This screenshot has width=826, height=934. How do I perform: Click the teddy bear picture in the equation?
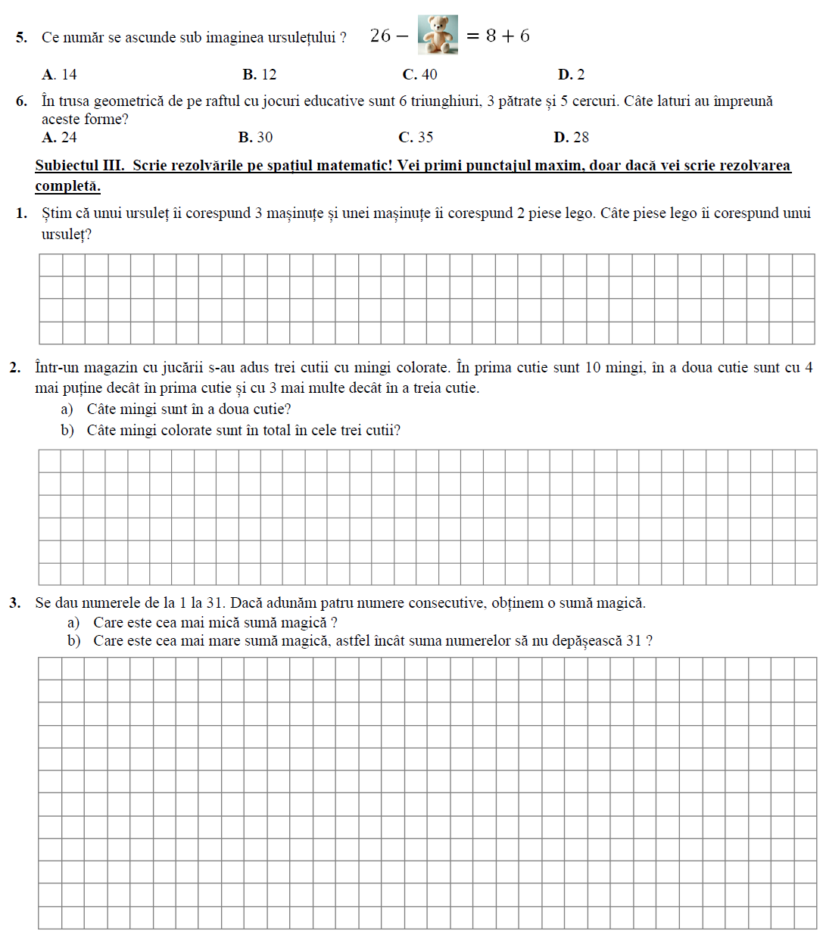(x=438, y=35)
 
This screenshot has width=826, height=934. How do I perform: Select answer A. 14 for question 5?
(x=60, y=74)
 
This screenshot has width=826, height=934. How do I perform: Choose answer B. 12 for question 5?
(x=260, y=74)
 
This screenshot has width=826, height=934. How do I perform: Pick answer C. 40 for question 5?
(x=420, y=74)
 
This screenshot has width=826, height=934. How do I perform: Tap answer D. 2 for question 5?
(x=572, y=74)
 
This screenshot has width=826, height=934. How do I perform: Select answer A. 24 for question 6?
(x=60, y=137)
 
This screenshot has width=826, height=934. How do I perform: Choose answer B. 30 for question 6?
(x=256, y=137)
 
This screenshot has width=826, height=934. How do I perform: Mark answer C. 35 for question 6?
(x=416, y=137)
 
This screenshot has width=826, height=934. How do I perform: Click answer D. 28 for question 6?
(x=572, y=137)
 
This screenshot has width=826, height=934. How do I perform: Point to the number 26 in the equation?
(x=381, y=36)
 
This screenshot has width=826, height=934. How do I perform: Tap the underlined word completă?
(x=67, y=185)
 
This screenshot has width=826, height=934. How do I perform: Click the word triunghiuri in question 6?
(x=446, y=101)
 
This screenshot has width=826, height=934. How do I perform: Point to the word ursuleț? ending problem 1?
(x=67, y=234)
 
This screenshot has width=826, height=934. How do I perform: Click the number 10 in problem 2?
(x=593, y=368)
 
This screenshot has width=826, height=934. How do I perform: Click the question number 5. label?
(x=21, y=37)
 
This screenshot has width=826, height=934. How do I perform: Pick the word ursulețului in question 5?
(x=298, y=37)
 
